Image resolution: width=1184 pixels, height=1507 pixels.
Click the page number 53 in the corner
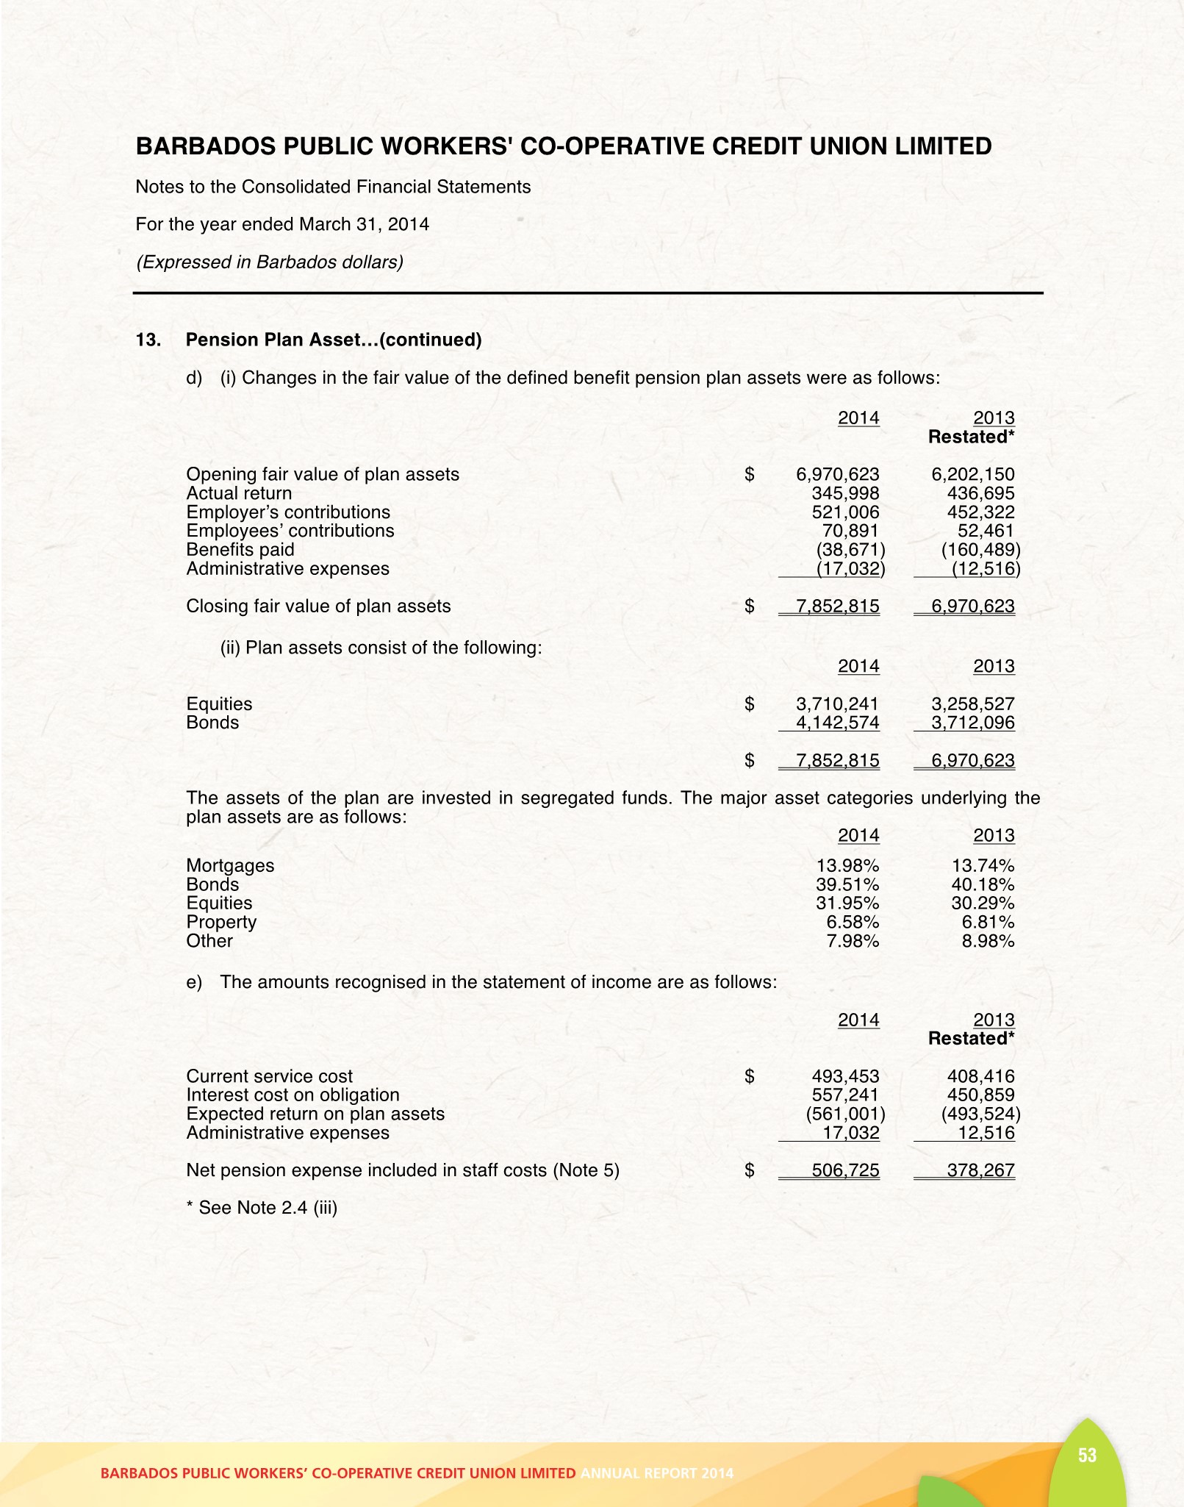click(x=1087, y=1455)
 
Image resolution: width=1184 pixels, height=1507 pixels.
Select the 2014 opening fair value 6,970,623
click(x=837, y=475)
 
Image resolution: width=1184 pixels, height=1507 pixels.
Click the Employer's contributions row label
click(x=288, y=512)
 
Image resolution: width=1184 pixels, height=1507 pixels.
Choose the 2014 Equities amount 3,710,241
click(x=837, y=704)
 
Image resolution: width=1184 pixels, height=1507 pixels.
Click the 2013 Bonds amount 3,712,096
click(x=972, y=723)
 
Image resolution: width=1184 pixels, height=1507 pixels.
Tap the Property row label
click(x=221, y=922)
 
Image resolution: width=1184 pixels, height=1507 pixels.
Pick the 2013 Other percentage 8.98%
click(x=988, y=941)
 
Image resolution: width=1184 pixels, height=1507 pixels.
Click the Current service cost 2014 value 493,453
click(x=845, y=1076)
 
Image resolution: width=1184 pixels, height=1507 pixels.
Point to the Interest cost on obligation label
click(x=293, y=1095)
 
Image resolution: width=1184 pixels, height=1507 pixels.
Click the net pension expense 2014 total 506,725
click(x=845, y=1170)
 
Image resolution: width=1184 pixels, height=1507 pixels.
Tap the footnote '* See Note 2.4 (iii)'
click(x=262, y=1208)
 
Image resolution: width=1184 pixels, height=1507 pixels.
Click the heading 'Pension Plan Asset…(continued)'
click(x=334, y=340)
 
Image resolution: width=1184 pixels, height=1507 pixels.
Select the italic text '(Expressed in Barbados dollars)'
click(x=270, y=262)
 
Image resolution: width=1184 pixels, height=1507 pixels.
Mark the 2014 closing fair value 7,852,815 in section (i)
click(x=837, y=606)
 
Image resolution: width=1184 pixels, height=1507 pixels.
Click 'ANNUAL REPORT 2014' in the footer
click(x=656, y=1473)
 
